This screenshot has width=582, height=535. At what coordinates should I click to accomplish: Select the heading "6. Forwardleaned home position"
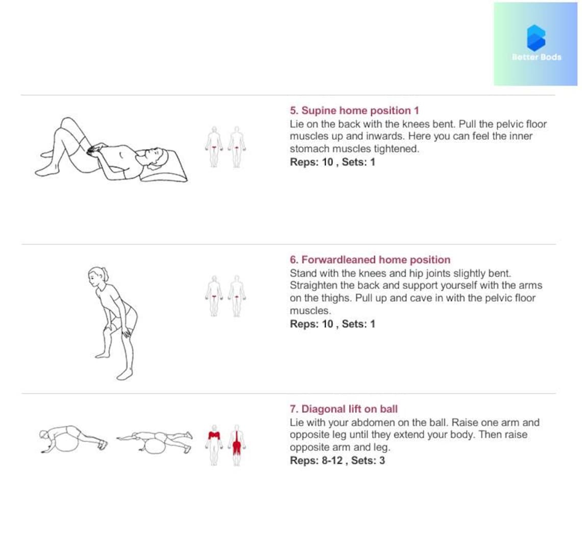pyautogui.click(x=370, y=260)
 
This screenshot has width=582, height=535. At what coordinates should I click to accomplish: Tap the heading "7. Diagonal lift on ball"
pyautogui.click(x=343, y=409)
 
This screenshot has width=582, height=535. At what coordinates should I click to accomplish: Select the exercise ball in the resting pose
pyautogui.click(x=65, y=442)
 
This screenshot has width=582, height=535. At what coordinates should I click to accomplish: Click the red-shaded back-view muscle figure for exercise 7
pyautogui.click(x=236, y=445)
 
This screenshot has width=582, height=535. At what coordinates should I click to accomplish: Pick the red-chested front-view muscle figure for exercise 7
pyautogui.click(x=214, y=445)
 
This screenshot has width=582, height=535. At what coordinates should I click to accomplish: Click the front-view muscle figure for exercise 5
pyautogui.click(x=214, y=147)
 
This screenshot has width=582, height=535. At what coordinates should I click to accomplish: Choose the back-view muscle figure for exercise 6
pyautogui.click(x=236, y=296)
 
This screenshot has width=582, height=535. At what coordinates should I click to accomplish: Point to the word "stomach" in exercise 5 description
pyautogui.click(x=309, y=149)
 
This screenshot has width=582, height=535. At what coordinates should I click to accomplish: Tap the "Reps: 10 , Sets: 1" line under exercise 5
pyautogui.click(x=332, y=162)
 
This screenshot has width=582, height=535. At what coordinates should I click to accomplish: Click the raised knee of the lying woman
pyautogui.click(x=66, y=123)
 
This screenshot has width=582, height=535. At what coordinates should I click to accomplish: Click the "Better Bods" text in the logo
pyautogui.click(x=536, y=57)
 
